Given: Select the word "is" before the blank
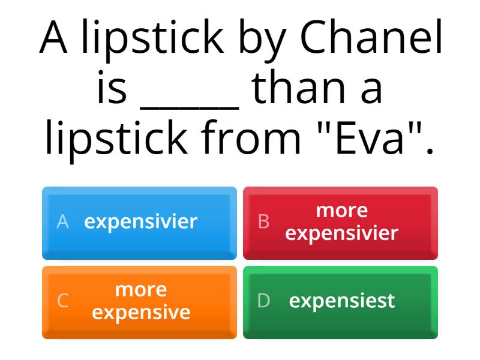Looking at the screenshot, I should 112,89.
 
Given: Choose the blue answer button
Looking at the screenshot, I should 139,223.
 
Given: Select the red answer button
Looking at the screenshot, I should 340,223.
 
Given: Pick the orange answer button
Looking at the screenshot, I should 139,302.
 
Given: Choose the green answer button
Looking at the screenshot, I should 340,302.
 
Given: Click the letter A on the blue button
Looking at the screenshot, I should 62,222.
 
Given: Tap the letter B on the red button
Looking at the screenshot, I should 263,222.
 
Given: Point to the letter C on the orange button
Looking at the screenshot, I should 62,301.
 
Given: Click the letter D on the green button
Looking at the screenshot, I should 263,301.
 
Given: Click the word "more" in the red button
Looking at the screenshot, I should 341,211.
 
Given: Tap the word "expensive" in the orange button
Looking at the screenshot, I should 141,313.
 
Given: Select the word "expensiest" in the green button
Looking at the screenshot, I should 342,301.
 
